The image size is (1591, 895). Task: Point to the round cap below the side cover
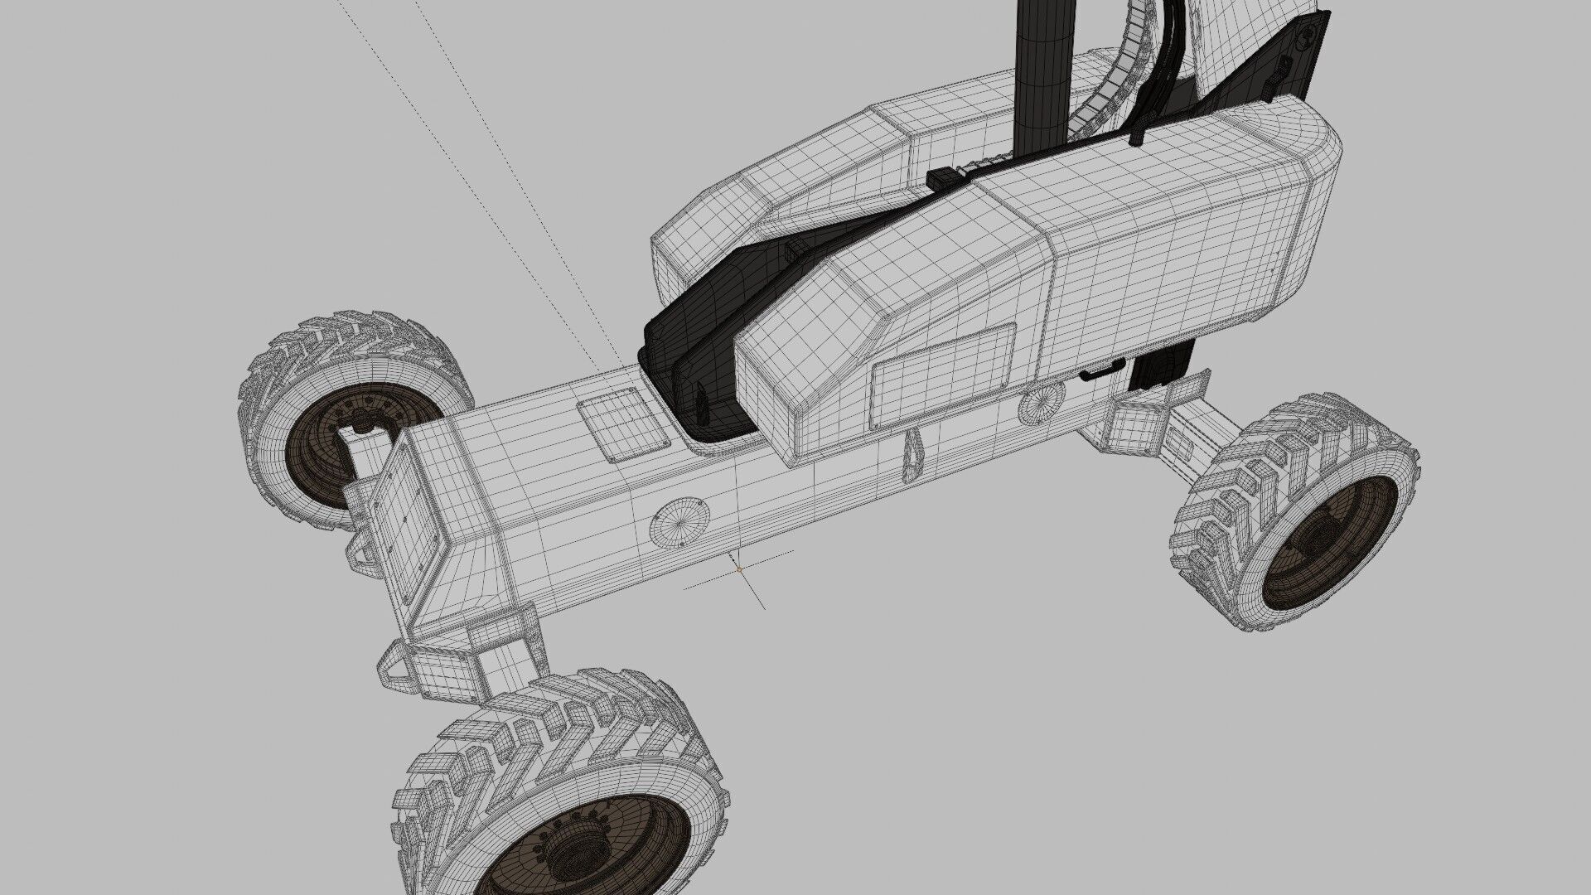tap(1042, 404)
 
